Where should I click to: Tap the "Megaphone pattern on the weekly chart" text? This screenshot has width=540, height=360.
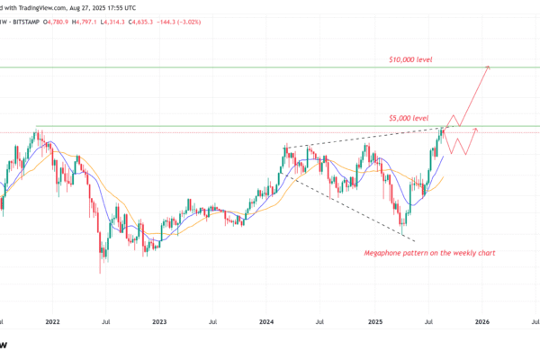click(x=430, y=253)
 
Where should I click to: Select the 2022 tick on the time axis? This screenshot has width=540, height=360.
click(x=52, y=319)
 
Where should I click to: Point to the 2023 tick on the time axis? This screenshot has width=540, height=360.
click(x=159, y=319)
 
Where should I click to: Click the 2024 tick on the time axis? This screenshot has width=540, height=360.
click(x=266, y=319)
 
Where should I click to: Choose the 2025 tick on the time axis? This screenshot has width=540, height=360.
click(x=374, y=319)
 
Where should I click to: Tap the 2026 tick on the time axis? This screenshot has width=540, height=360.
click(x=481, y=319)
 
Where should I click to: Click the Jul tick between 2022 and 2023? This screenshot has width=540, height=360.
click(x=105, y=319)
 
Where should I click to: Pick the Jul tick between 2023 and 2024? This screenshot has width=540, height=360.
click(x=212, y=319)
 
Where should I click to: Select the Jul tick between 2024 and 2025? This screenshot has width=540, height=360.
click(x=320, y=319)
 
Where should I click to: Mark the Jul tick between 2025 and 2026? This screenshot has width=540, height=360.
click(x=427, y=319)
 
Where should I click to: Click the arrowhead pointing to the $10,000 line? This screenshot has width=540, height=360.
click(x=488, y=67)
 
